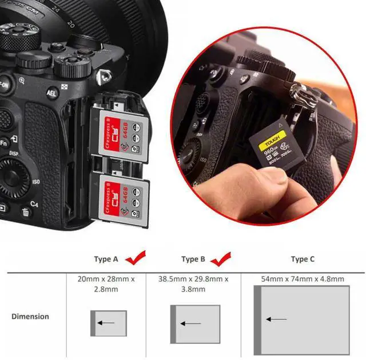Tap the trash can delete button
tap(26, 213)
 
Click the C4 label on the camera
tap(34, 203)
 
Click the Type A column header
tap(106, 259)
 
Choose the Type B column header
tap(193, 259)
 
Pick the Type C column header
tap(303, 259)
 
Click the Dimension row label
tap(30, 316)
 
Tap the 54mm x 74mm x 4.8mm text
tap(303, 279)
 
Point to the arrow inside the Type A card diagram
tap(105, 323)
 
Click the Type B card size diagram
tap(194, 324)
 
